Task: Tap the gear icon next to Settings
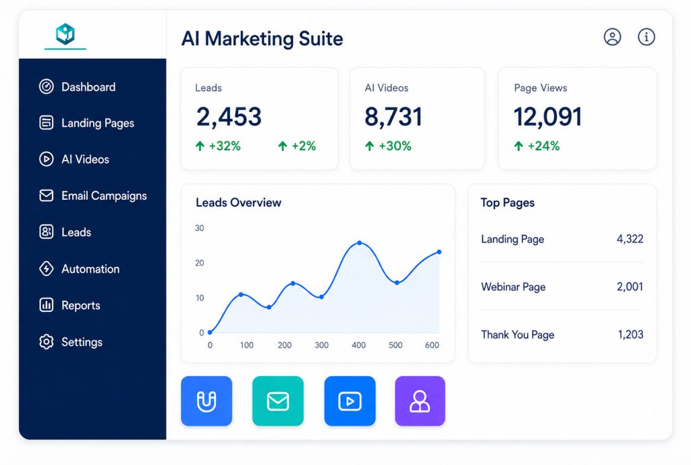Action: pos(47,341)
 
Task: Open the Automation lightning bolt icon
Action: pos(47,269)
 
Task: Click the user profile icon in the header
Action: pos(612,37)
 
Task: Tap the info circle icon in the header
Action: pos(646,37)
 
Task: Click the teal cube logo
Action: pos(65,34)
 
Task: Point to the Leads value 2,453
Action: pos(229,117)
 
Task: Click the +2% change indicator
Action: pos(297,146)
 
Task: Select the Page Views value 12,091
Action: pos(548,117)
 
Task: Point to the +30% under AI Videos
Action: pos(388,146)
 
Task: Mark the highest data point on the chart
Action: pos(360,243)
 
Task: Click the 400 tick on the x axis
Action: pos(358,345)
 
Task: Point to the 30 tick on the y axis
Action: pos(200,228)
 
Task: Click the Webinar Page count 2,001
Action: pos(630,287)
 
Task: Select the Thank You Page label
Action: pos(518,335)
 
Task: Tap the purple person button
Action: pos(420,401)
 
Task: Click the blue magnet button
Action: pos(206,401)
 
